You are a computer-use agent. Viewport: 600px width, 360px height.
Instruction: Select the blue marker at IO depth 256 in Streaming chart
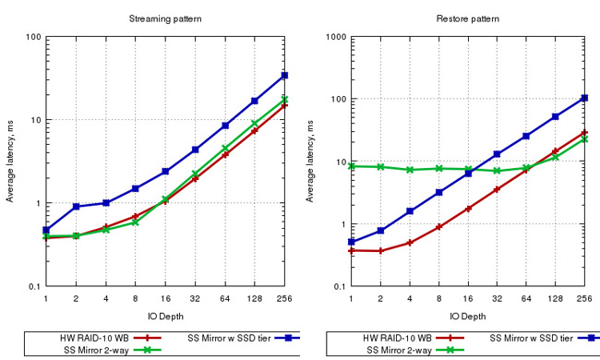[284, 76]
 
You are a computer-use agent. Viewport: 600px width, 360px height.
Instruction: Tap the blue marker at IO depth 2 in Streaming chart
[77, 206]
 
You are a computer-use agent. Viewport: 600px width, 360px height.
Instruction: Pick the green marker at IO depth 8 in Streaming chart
[136, 222]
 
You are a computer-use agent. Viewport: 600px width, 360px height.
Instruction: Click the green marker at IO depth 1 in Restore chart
[352, 166]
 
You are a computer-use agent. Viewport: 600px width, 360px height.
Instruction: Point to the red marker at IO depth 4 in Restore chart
[410, 243]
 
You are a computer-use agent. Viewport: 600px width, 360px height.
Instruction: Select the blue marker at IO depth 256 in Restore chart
[585, 98]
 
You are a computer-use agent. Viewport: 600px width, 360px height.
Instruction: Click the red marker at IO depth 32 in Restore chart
[498, 189]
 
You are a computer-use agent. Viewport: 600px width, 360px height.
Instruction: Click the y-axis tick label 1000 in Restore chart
[330, 38]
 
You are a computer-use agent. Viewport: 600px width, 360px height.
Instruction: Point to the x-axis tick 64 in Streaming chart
[224, 298]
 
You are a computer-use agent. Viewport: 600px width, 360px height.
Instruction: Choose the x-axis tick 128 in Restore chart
[556, 298]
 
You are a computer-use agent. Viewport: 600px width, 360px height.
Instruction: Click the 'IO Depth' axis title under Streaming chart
[165, 314]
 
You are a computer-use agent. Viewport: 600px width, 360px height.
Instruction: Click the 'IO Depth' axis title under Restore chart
[468, 314]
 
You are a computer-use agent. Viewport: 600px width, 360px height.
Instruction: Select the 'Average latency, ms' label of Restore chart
[311, 162]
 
